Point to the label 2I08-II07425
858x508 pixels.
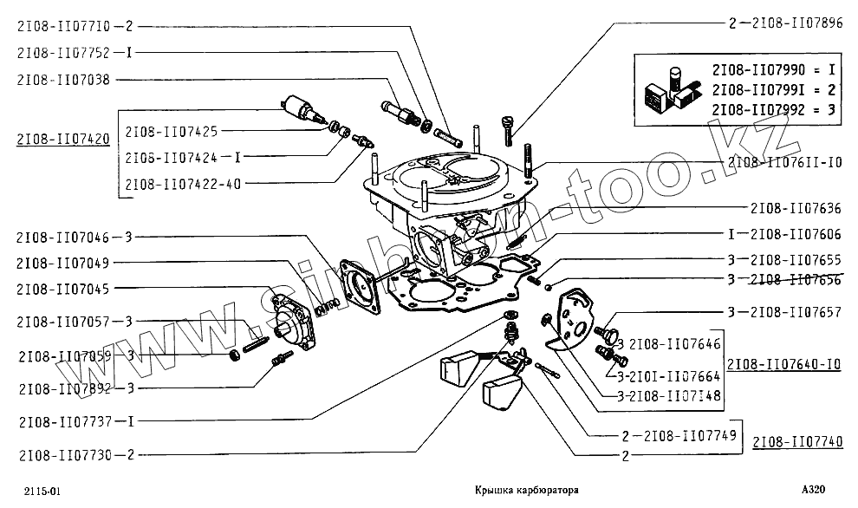point(172,132)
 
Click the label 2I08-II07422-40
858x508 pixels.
point(183,184)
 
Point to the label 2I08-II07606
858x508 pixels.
point(792,234)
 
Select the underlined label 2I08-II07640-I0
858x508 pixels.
point(784,364)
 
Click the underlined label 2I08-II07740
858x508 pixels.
point(797,441)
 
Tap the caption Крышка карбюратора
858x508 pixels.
point(526,491)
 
